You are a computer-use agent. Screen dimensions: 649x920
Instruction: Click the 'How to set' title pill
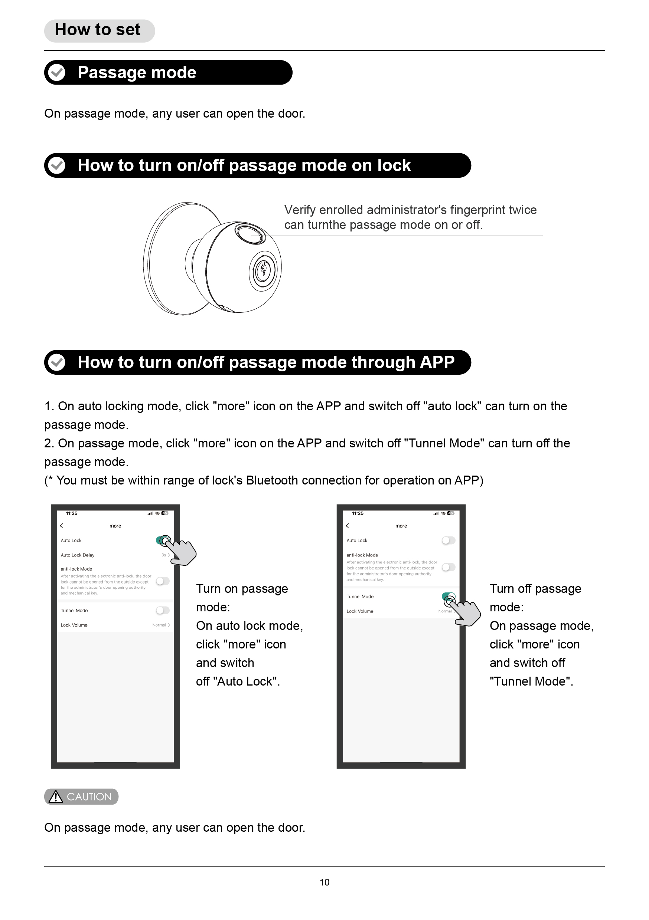click(100, 30)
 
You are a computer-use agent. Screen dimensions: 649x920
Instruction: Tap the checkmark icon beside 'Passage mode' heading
click(56, 73)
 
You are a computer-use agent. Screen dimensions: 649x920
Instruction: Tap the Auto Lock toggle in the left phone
click(163, 540)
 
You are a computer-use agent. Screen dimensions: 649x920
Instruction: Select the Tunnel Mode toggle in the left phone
click(163, 610)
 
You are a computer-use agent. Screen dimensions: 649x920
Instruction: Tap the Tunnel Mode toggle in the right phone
click(449, 597)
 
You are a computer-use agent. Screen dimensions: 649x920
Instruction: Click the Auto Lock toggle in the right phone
click(449, 540)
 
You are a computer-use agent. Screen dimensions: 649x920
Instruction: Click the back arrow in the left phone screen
click(62, 526)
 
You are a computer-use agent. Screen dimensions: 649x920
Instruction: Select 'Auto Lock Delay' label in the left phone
click(78, 555)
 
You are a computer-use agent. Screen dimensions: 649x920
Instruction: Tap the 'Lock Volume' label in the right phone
click(360, 611)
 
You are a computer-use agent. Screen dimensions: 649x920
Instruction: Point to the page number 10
click(324, 882)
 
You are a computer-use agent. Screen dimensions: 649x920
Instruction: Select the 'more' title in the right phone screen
click(401, 526)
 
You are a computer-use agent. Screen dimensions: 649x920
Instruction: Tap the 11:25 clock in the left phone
click(72, 513)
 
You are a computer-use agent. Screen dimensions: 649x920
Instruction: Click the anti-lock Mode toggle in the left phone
click(163, 581)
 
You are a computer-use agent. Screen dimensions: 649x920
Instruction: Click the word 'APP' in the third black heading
click(437, 362)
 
